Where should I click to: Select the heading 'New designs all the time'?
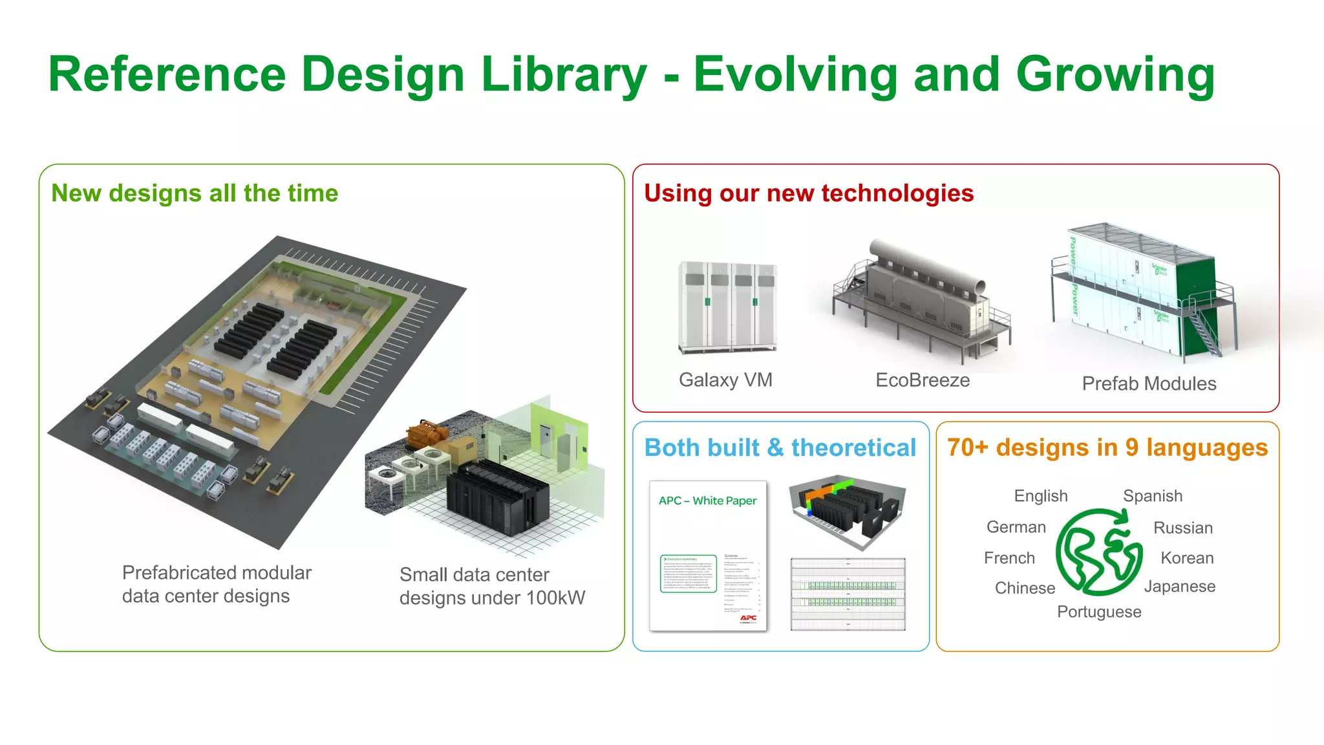click(195, 193)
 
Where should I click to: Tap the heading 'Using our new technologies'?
click(809, 193)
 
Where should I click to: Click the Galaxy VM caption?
click(725, 380)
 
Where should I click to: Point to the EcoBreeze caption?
click(923, 380)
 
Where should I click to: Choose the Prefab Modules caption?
click(1149, 383)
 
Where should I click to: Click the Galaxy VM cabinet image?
click(727, 307)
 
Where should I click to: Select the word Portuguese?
click(1099, 612)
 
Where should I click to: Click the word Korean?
click(1187, 558)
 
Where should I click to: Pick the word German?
click(1016, 527)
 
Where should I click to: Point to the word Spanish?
click(1153, 496)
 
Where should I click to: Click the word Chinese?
click(1025, 588)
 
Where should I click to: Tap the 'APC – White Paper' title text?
click(707, 501)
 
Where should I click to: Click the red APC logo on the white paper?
click(748, 618)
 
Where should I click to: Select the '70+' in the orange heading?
click(968, 448)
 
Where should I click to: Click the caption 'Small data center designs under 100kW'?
click(492, 586)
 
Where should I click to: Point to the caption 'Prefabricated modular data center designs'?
click(217, 584)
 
